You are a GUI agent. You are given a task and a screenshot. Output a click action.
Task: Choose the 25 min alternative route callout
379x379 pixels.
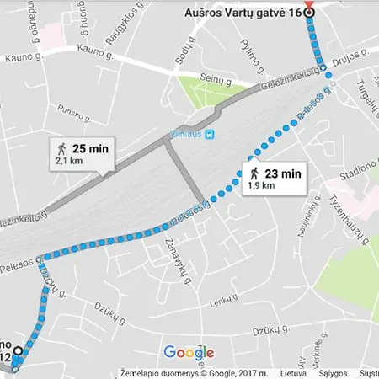click(x=82, y=151)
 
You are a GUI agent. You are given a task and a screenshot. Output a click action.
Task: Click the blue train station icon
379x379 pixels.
click(x=210, y=133)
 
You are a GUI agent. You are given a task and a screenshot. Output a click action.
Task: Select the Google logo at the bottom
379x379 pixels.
click(x=189, y=353)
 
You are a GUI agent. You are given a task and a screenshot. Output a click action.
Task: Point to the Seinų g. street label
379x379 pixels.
click(x=215, y=78)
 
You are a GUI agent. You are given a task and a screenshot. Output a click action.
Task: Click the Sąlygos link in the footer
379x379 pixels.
click(x=333, y=372)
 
